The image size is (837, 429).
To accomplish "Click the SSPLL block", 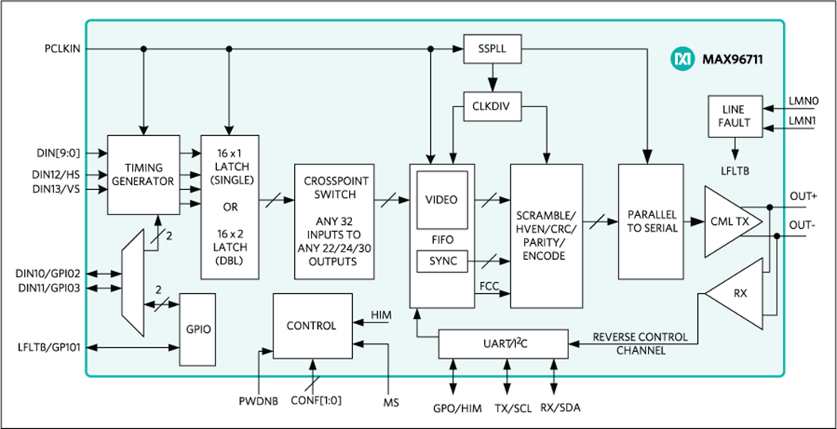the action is [x=492, y=49].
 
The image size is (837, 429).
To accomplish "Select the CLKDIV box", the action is [x=492, y=106].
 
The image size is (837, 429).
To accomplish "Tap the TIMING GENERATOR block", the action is [x=144, y=175].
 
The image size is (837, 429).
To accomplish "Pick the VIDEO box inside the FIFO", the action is [x=441, y=200].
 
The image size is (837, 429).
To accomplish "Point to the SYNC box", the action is [x=441, y=261].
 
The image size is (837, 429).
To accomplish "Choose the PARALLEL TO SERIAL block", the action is [x=651, y=222].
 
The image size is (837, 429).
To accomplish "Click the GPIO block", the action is [x=198, y=329].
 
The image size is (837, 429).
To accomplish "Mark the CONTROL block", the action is [x=312, y=326].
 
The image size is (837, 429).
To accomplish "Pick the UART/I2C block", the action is [x=503, y=344].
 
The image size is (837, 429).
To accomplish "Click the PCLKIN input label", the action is [x=63, y=49].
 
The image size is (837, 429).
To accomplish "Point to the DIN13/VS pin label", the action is [x=57, y=189].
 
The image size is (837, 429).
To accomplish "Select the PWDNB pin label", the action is [x=258, y=401].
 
